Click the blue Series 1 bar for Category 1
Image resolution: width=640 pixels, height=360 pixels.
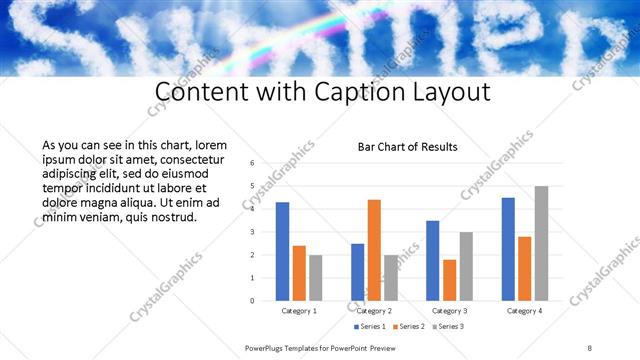(283, 251)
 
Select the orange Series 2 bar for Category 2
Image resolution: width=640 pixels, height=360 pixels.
(374, 250)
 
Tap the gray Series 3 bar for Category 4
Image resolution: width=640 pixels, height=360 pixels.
(541, 243)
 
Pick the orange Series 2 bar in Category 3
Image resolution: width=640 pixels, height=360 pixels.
(449, 280)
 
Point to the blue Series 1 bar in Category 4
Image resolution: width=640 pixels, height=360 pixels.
(508, 249)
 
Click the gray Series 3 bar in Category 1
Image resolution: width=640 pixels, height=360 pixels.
(315, 278)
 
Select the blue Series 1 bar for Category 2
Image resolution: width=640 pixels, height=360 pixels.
(358, 272)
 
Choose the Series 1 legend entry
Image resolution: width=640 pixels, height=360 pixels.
(371, 326)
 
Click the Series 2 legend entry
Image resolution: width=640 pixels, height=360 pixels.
(410, 326)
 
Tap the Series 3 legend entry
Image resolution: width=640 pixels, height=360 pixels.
(449, 326)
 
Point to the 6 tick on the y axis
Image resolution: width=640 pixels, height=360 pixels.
(252, 163)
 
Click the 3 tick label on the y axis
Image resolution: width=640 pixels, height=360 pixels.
(252, 232)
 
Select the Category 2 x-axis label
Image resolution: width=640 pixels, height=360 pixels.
(374, 311)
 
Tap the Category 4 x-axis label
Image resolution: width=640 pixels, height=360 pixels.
(524, 311)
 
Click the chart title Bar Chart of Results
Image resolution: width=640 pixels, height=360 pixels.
(408, 147)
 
